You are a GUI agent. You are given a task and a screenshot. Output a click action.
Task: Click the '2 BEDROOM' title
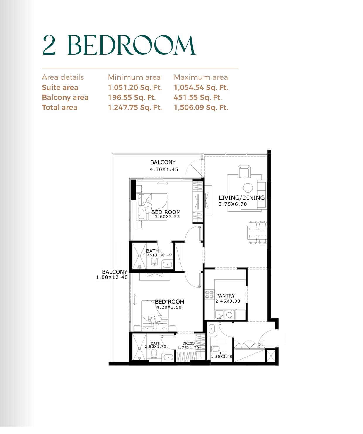click(x=119, y=45)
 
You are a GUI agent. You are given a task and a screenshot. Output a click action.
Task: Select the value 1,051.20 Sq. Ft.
click(x=135, y=87)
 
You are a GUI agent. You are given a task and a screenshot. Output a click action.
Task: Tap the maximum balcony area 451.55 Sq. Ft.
click(x=198, y=97)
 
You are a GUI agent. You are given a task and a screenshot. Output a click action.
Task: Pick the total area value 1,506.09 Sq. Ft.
click(x=201, y=107)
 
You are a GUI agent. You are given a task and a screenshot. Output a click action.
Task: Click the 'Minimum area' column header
click(x=134, y=77)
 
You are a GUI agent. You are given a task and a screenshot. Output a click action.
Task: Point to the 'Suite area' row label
click(x=60, y=87)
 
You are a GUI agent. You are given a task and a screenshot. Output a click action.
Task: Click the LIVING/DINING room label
click(x=242, y=198)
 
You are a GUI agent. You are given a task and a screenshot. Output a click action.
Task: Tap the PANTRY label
click(x=226, y=296)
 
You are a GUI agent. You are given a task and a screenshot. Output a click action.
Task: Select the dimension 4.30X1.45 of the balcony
click(x=164, y=169)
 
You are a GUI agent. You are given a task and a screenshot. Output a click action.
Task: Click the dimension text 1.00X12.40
click(x=112, y=277)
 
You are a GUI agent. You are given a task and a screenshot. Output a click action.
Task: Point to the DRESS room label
click(x=189, y=343)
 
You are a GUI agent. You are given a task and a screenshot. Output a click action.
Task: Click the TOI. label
click(x=223, y=353)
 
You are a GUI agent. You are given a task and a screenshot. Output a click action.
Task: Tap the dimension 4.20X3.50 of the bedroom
click(x=169, y=307)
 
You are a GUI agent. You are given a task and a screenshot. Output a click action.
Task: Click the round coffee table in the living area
click(x=248, y=188)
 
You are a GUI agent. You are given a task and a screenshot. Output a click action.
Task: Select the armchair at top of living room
click(x=244, y=172)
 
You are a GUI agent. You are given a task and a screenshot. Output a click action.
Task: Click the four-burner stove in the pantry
click(x=209, y=294)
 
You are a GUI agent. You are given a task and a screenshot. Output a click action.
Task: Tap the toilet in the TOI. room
click(x=215, y=349)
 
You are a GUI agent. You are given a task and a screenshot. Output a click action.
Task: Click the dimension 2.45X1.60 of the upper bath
click(x=154, y=255)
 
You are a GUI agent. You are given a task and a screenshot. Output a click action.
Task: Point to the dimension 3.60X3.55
click(x=167, y=217)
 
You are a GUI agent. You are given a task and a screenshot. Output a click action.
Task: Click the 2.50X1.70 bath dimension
click(x=155, y=347)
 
